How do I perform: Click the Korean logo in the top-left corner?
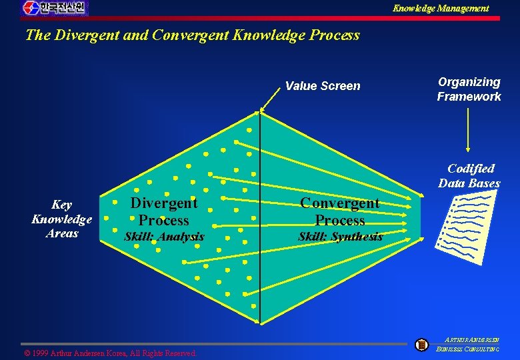point(55,8)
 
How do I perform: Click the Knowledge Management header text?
point(440,9)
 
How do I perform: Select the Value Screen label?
point(323,86)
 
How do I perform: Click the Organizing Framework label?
point(469,89)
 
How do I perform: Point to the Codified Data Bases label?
point(469,176)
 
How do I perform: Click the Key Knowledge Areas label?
point(61,219)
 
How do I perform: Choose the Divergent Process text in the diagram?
point(163,211)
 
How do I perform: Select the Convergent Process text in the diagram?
point(339,211)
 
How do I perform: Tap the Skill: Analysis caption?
point(164,237)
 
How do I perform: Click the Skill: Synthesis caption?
point(340,237)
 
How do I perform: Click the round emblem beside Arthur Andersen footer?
point(421,345)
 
